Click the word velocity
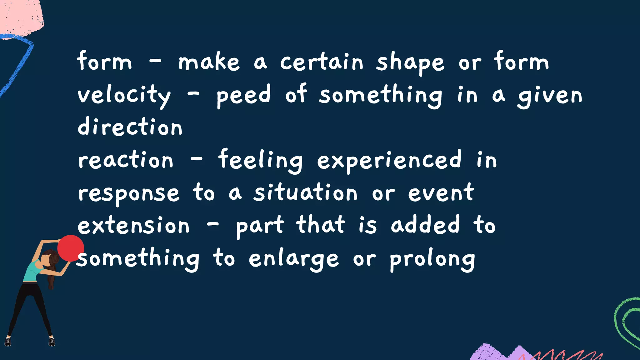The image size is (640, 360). click(124, 95)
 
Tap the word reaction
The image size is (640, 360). click(125, 160)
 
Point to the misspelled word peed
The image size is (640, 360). click(243, 95)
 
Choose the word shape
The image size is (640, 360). click(410, 62)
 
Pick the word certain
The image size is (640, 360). click(322, 62)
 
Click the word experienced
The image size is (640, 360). click(389, 160)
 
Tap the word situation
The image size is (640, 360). click(305, 192)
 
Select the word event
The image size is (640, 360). click(441, 192)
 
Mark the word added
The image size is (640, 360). click(425, 225)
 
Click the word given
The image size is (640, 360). click(550, 96)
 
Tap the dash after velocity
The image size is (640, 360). click(193, 94)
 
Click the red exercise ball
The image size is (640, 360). click(71, 248)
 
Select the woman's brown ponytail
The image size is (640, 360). click(51, 275)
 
